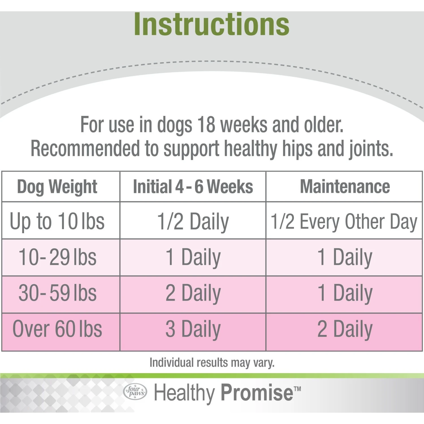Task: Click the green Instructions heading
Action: click(x=211, y=25)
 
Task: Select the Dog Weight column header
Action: click(x=57, y=187)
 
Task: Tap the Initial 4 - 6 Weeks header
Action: click(x=193, y=187)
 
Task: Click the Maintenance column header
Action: click(x=345, y=187)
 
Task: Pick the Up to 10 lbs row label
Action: click(x=57, y=221)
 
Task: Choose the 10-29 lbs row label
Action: click(x=57, y=257)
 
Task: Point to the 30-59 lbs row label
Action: click(x=57, y=293)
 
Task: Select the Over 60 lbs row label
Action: click(x=57, y=329)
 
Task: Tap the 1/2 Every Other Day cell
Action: click(x=344, y=222)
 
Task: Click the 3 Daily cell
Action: click(x=193, y=329)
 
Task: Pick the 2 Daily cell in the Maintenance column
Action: click(x=345, y=329)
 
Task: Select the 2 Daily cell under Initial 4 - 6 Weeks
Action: click(x=193, y=293)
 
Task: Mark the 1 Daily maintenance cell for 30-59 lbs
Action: click(x=345, y=293)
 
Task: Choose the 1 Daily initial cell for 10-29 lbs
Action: click(x=193, y=257)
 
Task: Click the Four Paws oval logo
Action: click(x=135, y=391)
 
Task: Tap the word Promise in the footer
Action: click(x=257, y=393)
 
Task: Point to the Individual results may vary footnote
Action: click(x=212, y=363)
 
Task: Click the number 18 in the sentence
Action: click(x=206, y=125)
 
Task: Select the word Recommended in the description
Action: click(x=85, y=148)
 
